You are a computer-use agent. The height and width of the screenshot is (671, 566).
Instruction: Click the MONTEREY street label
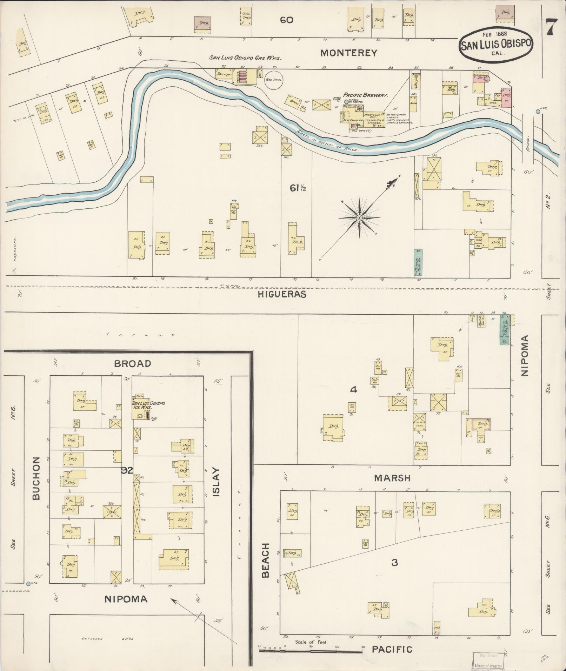click(349, 53)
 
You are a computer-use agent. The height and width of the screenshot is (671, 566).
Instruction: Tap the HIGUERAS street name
click(282, 294)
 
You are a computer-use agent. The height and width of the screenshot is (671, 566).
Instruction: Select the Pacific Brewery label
click(365, 95)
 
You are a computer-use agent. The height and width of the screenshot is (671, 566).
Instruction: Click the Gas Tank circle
click(273, 80)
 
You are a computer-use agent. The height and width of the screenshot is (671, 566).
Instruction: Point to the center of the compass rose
click(359, 218)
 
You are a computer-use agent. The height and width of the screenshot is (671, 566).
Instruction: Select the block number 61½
click(298, 188)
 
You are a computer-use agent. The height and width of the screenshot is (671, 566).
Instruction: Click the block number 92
click(127, 470)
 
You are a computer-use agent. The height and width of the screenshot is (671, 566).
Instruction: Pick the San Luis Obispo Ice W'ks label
click(148, 405)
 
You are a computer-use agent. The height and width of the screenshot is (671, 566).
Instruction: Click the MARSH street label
click(392, 478)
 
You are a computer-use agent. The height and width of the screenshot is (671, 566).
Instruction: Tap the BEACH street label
click(265, 565)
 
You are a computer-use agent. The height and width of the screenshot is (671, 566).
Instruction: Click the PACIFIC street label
click(392, 649)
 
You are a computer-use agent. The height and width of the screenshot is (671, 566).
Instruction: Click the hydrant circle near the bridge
click(538, 112)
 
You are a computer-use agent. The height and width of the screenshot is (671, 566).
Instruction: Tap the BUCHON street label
click(36, 478)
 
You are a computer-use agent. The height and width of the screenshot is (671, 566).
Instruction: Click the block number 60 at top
click(286, 20)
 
